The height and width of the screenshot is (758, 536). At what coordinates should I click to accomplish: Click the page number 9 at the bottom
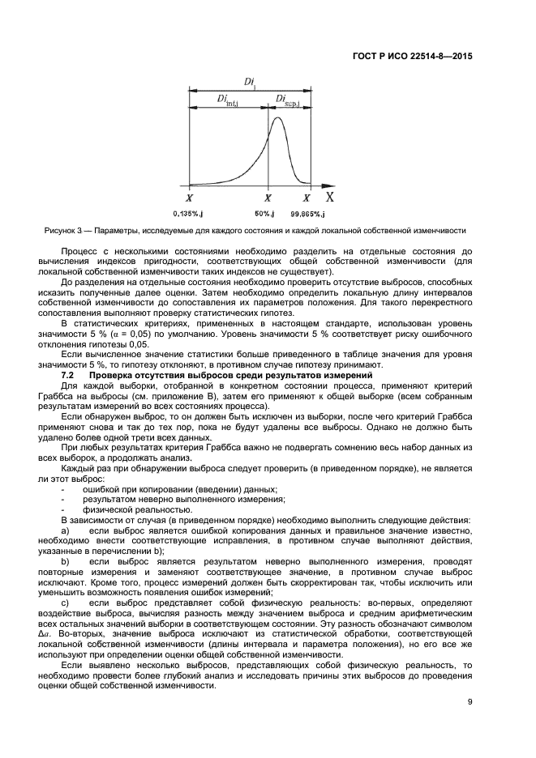tap(470, 702)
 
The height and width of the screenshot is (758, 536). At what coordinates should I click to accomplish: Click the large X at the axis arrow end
tap(329, 196)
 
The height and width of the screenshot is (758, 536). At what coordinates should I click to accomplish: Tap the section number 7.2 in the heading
tap(68, 375)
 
